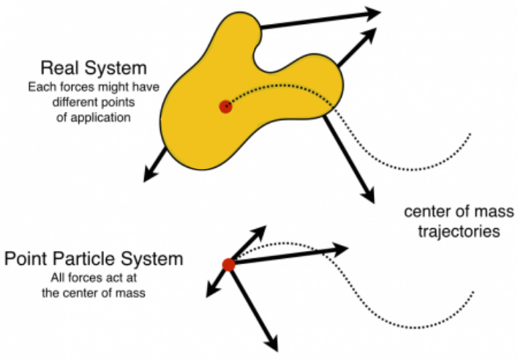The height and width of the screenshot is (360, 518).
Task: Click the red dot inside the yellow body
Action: coord(225,107)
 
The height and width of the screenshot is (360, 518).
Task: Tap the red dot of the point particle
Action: coord(228,265)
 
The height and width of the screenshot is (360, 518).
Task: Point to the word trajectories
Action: coord(452,233)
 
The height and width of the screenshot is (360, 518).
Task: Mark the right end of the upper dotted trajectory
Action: coord(470,134)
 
